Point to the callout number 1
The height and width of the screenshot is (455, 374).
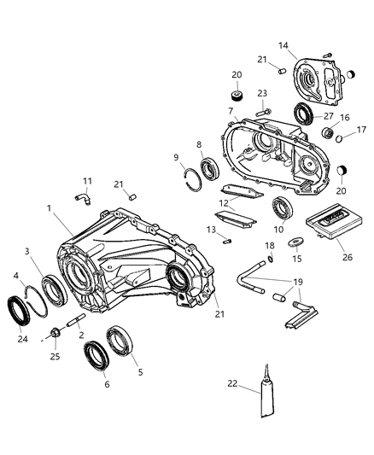pyautogui.click(x=50, y=207)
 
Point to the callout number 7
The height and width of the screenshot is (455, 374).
pyautogui.click(x=231, y=111)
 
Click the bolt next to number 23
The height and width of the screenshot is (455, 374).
pyautogui.click(x=265, y=108)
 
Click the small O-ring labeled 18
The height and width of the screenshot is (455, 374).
pyautogui.click(x=270, y=260)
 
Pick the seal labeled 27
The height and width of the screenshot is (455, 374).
pyautogui.click(x=303, y=114)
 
